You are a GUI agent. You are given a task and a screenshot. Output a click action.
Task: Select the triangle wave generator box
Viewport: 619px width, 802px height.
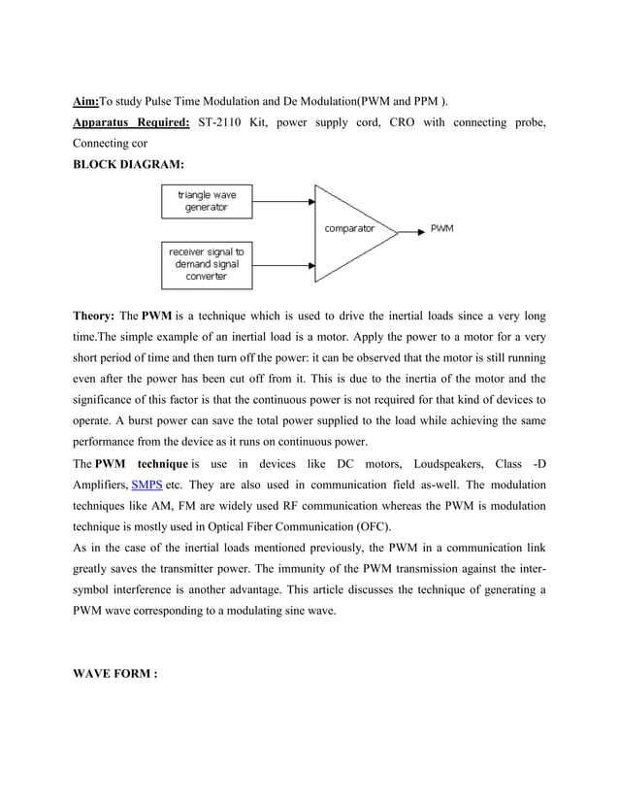coord(207,202)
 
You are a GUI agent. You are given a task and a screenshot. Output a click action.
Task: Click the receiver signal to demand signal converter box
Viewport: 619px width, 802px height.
coord(207,264)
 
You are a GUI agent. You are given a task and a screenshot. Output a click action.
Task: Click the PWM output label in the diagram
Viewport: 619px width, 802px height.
coord(440,230)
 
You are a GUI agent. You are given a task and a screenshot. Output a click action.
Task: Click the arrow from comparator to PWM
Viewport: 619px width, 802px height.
coord(407,230)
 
